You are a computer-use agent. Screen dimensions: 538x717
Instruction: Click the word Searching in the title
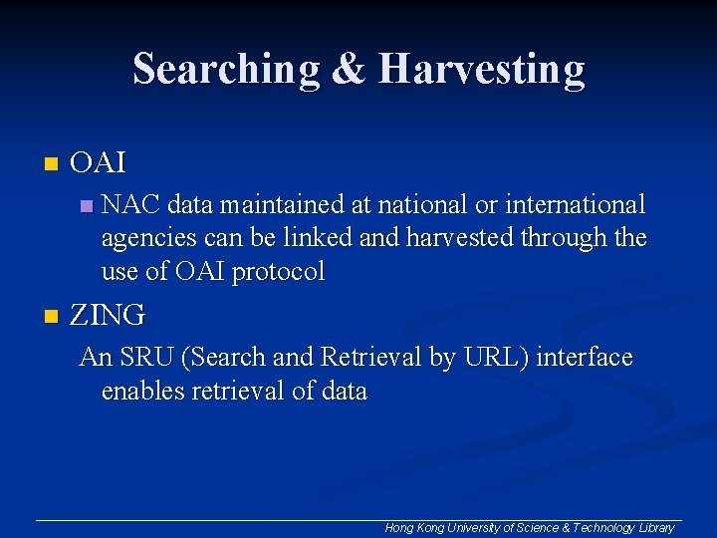pos(225,69)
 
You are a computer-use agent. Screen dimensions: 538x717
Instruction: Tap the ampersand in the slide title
pos(349,69)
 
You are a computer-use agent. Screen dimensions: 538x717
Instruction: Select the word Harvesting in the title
pos(482,69)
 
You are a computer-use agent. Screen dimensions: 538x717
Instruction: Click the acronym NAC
pos(131,205)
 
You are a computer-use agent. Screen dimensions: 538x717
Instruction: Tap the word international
pos(576,205)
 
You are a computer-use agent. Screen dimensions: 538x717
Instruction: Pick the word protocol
pos(279,272)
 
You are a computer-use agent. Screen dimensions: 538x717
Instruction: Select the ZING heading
pos(108,316)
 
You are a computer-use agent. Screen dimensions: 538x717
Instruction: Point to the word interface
pos(585,357)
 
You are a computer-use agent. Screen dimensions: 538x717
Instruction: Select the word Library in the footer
pos(656,527)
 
